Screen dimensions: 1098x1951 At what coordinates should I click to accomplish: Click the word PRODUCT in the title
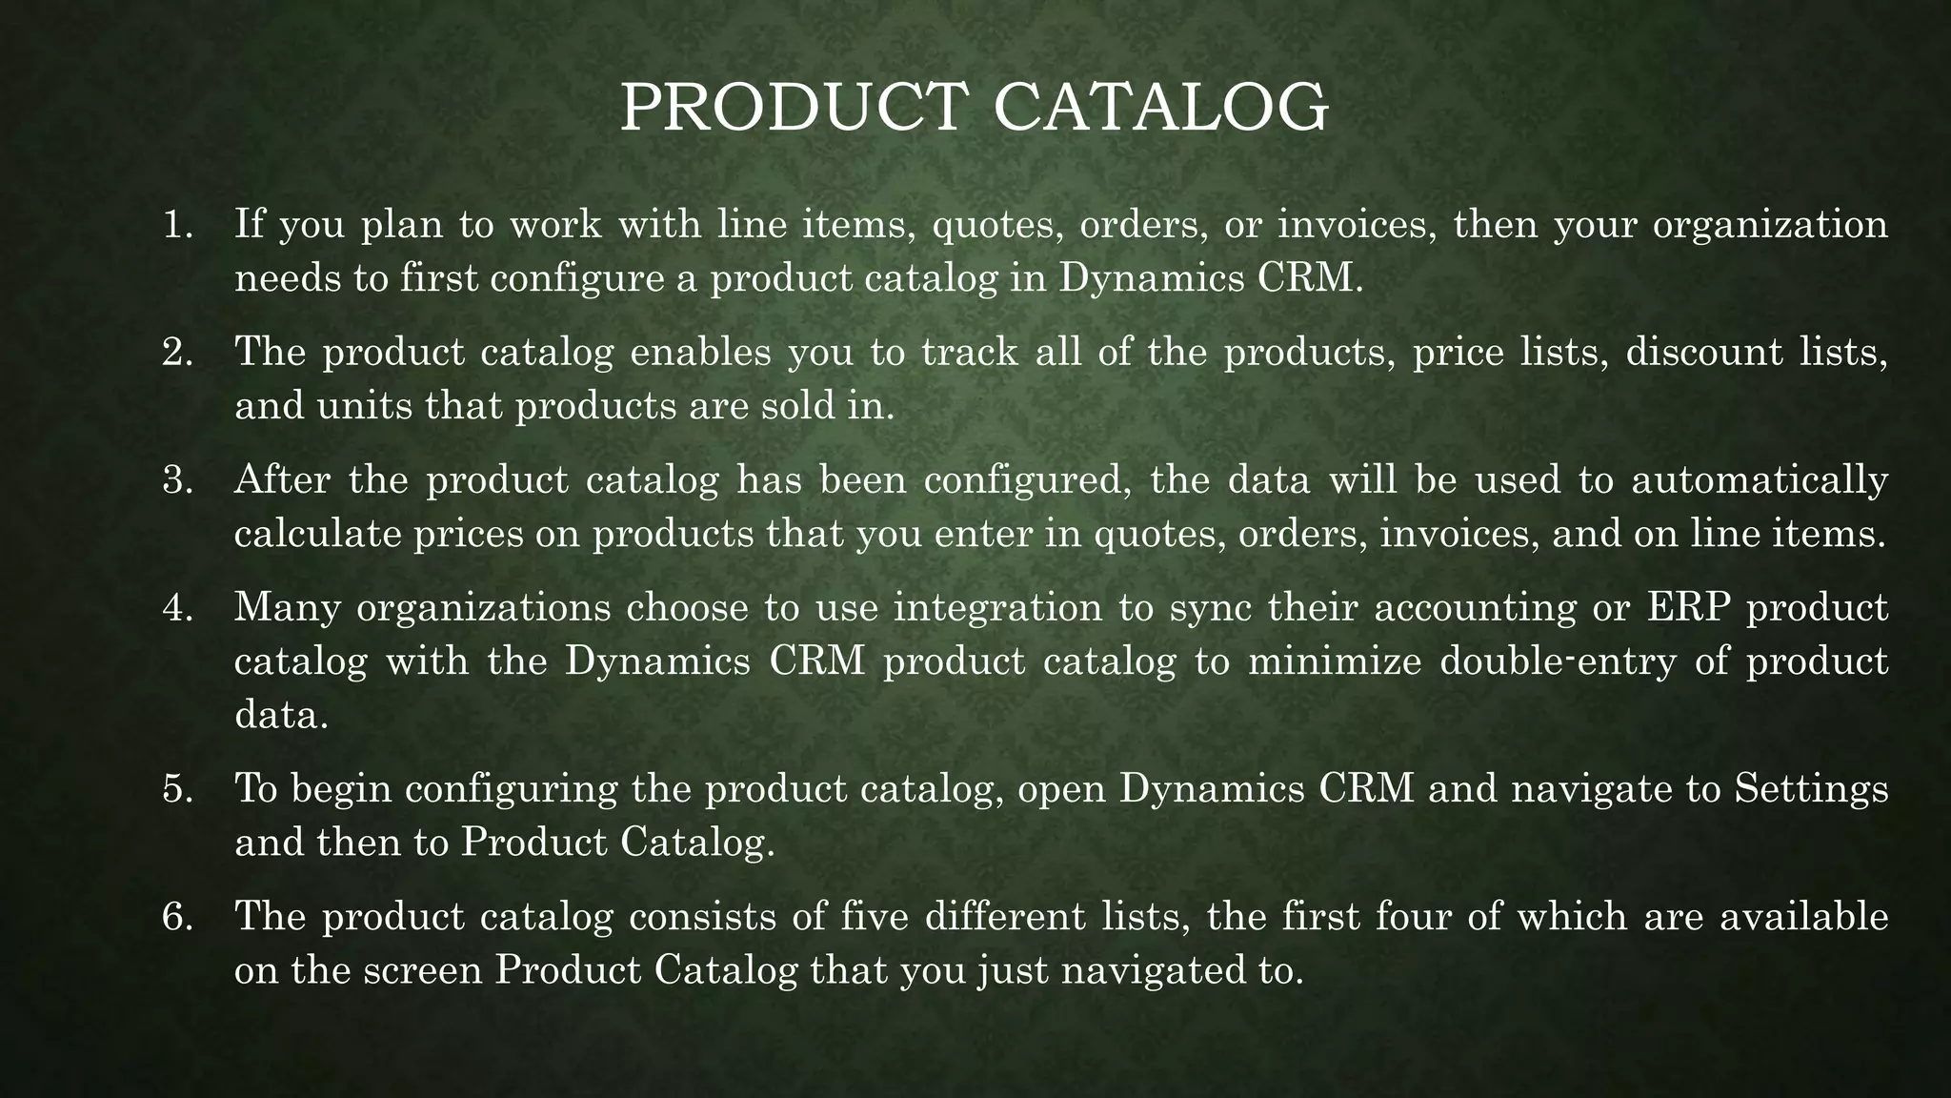(790, 108)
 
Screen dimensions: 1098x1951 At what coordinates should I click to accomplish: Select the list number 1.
(177, 225)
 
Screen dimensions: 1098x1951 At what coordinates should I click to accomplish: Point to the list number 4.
(177, 607)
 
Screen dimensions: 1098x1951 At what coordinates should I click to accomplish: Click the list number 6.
(177, 917)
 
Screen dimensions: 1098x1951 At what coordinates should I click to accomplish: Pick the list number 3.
(177, 479)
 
